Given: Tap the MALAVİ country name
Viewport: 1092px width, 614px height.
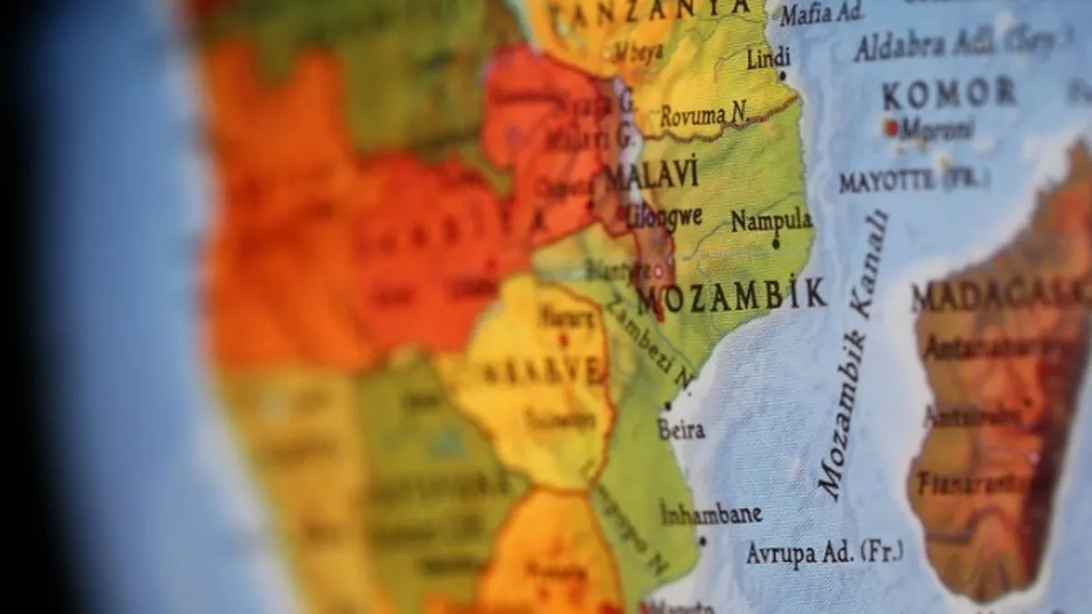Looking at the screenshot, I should click(652, 175).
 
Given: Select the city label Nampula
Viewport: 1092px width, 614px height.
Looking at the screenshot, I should click(772, 221).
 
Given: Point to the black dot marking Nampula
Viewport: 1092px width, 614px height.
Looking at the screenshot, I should click(775, 243).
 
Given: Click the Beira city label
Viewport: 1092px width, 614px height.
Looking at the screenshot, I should click(682, 430).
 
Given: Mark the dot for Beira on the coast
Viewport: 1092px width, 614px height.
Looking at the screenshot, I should click(669, 407).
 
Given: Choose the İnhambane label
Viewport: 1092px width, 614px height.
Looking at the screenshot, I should click(712, 513).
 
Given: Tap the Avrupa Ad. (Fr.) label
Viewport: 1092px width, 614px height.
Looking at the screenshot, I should click(824, 552).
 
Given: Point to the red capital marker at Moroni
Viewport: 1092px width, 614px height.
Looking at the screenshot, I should click(891, 128).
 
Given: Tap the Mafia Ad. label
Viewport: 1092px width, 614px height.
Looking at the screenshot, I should click(822, 14).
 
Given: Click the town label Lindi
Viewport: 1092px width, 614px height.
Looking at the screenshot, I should click(769, 59).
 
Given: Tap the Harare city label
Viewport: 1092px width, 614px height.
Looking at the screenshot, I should click(566, 317).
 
